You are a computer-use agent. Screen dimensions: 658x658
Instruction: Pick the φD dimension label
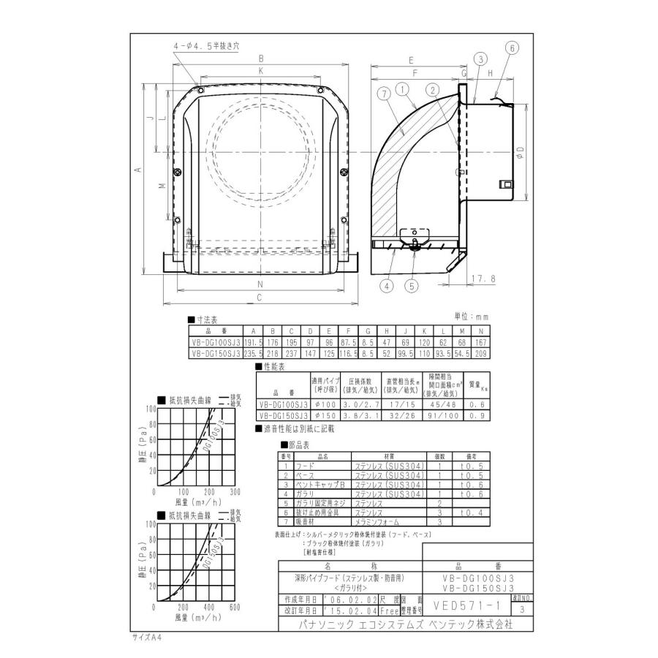(519, 153)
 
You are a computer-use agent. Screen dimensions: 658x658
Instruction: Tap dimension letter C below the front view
(260, 296)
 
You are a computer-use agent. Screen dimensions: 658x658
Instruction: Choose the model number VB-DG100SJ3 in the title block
(478, 578)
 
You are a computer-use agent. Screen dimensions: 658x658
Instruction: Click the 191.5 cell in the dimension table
(249, 341)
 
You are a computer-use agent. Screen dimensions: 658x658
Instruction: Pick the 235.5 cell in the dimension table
(249, 351)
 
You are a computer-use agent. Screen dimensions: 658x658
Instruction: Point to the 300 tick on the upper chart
(235, 492)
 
